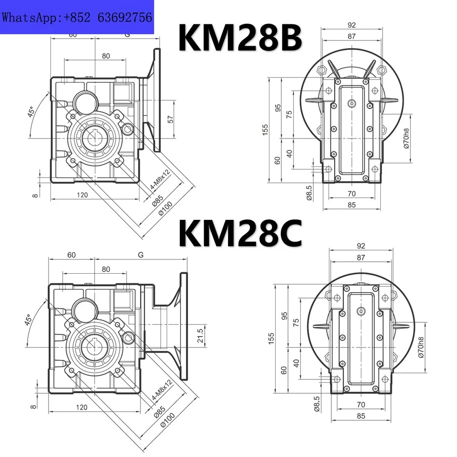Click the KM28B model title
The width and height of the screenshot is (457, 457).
(x=240, y=38)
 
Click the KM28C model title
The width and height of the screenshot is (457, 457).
(x=240, y=234)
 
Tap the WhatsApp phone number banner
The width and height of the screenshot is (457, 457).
(x=77, y=17)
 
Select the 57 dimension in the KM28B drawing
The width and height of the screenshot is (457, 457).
(x=170, y=119)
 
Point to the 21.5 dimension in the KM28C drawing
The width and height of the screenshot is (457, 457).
(x=200, y=336)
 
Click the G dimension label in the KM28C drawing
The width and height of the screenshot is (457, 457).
(x=141, y=255)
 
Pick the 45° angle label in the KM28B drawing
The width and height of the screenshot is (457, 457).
(x=31, y=111)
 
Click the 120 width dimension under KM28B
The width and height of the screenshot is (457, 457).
(x=82, y=195)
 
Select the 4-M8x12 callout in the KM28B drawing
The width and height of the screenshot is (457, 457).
(x=160, y=180)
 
